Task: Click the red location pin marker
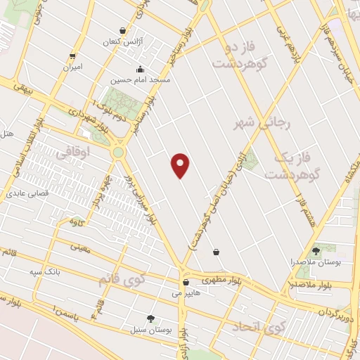pyautogui.click(x=181, y=165)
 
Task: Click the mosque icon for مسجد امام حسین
pyautogui.click(x=139, y=69)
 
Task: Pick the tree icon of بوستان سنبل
pyautogui.click(x=149, y=318)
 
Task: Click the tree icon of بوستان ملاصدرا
pyautogui.click(x=315, y=250)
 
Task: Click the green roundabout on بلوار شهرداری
pyautogui.click(x=117, y=151)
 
